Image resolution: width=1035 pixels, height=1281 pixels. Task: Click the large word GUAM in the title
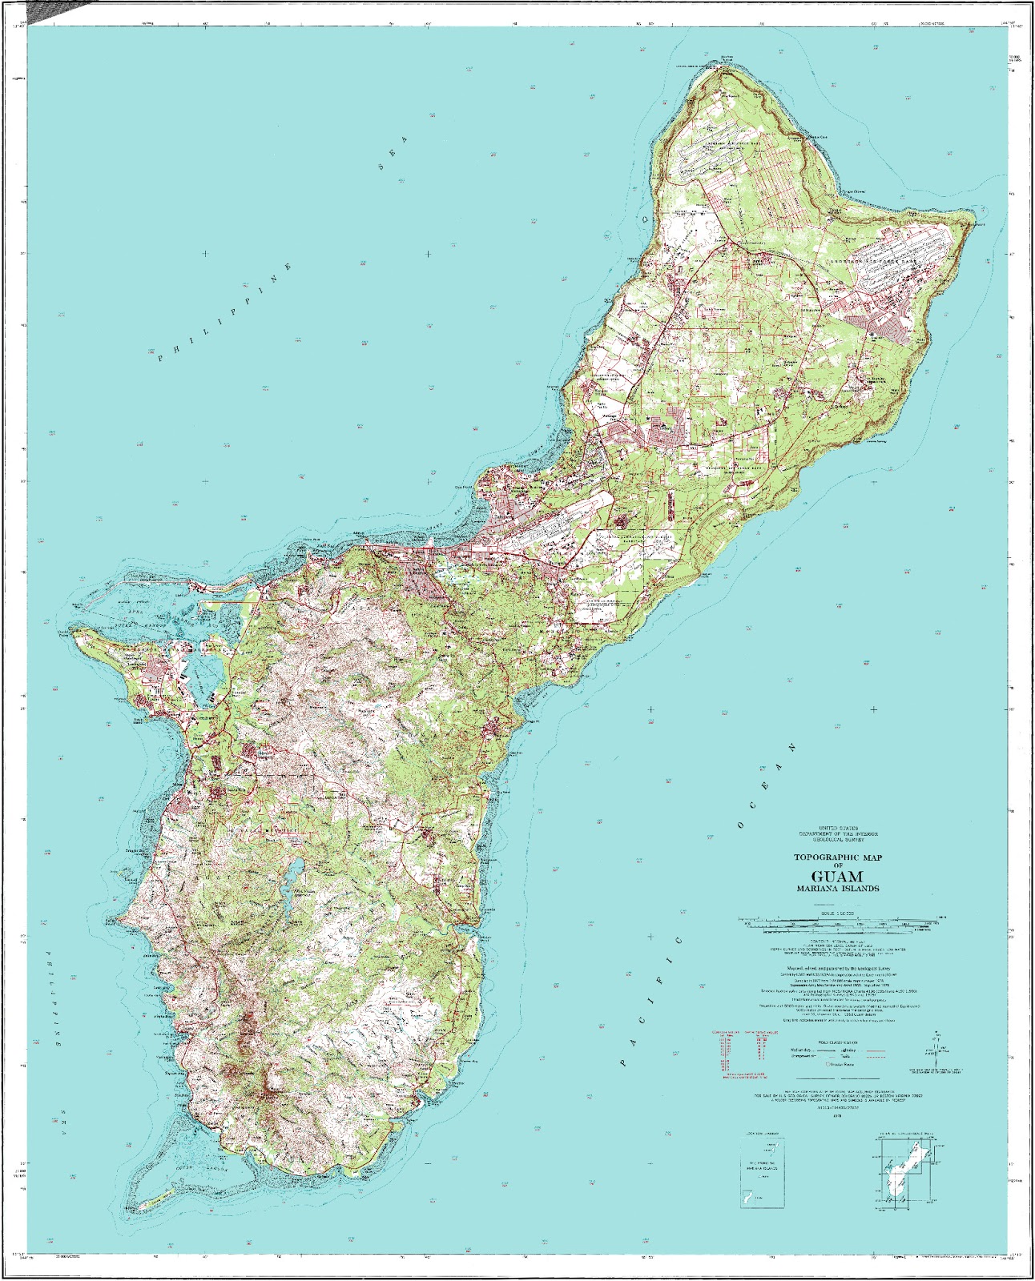(x=837, y=876)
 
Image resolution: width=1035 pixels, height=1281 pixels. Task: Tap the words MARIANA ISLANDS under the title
(x=837, y=889)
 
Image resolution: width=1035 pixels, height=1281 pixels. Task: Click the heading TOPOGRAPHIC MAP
(x=837, y=857)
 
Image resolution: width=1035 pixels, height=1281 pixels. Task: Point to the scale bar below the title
(x=837, y=922)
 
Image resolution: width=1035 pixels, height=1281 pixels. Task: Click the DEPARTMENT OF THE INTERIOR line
(x=837, y=833)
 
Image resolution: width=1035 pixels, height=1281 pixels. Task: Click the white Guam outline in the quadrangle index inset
(x=904, y=1175)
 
